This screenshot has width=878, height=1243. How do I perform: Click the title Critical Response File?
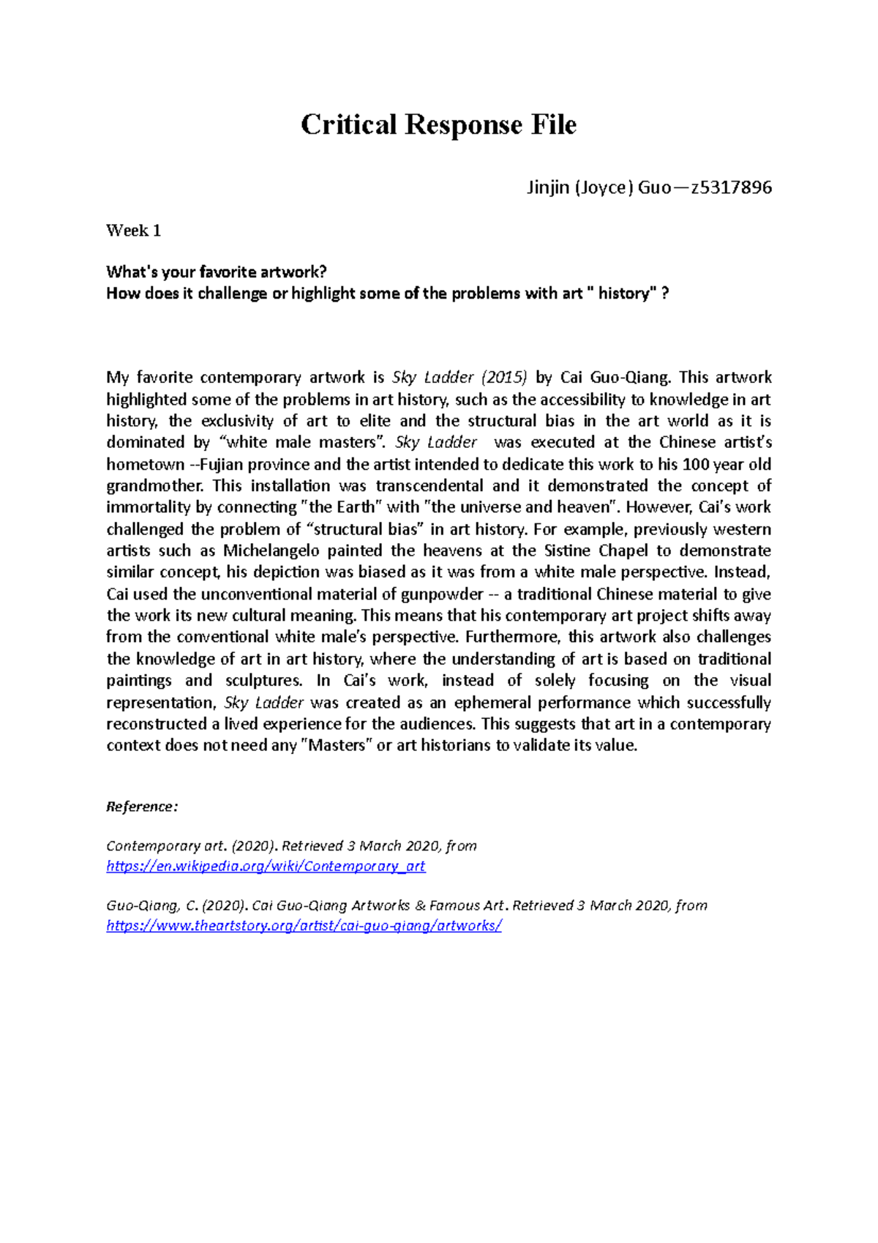(x=438, y=124)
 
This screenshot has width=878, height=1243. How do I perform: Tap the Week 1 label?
(x=133, y=231)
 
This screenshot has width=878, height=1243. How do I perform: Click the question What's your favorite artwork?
(x=216, y=272)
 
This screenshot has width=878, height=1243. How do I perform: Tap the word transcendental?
(x=429, y=486)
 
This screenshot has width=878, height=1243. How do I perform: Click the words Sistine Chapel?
(x=583, y=550)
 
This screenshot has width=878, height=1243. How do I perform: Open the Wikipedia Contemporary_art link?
(x=266, y=866)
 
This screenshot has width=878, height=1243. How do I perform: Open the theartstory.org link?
(x=304, y=925)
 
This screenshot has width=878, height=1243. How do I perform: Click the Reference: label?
(x=142, y=807)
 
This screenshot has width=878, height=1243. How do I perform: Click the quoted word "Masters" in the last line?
(x=337, y=746)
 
